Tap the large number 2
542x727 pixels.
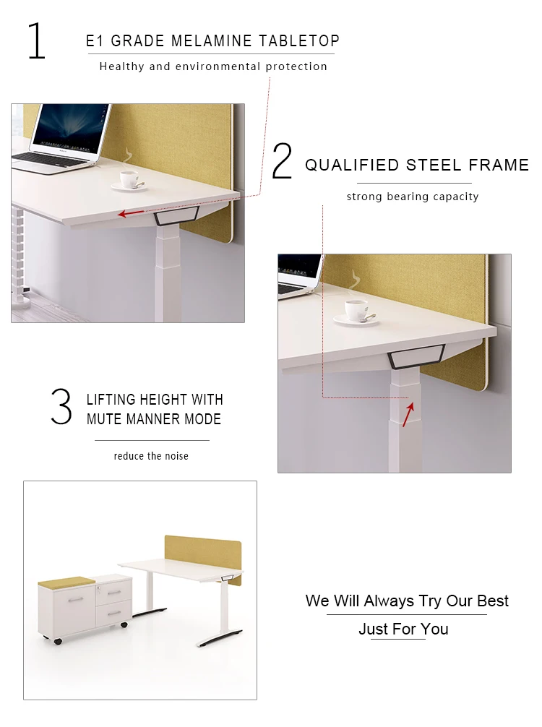click(282, 162)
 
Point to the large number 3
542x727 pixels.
click(61, 407)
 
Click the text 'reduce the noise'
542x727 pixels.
click(151, 456)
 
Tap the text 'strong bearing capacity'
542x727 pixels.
click(412, 197)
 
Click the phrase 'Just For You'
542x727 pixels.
click(403, 629)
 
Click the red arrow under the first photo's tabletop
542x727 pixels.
click(131, 213)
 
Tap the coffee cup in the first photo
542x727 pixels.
click(129, 179)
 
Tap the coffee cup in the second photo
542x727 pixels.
click(357, 310)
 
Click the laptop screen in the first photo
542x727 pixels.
click(72, 129)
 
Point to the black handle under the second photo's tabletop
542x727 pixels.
click(416, 354)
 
